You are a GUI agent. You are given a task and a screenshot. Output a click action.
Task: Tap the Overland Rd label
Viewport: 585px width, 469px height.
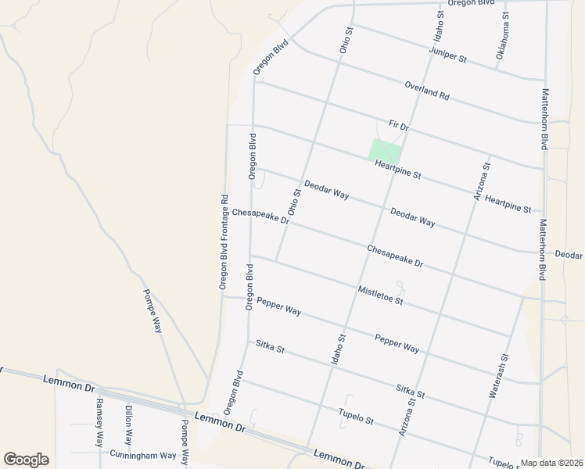coord(427,91)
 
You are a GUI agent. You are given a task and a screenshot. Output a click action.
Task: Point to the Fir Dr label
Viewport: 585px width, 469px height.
coord(399,126)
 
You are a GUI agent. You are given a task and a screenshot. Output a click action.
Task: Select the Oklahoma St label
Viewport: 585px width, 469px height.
coord(502,36)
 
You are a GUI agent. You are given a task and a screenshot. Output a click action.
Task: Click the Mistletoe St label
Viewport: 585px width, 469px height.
coord(380,295)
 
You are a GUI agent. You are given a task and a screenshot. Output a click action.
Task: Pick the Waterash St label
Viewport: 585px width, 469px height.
coord(499,376)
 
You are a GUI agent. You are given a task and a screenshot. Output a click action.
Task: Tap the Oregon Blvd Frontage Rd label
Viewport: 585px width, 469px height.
coord(224,242)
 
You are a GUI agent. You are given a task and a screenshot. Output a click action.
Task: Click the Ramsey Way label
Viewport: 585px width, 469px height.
coord(99,421)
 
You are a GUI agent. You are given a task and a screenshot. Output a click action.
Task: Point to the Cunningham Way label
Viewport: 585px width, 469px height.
coord(143,455)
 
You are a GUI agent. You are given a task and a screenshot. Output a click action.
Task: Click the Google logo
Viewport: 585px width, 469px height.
coord(26,460)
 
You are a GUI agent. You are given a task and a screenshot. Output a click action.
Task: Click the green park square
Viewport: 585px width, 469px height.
coord(384,151)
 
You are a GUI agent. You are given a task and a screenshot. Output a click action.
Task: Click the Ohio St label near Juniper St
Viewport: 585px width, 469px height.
coord(346,40)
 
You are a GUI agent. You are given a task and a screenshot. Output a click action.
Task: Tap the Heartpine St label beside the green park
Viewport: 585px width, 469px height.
coord(397,169)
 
